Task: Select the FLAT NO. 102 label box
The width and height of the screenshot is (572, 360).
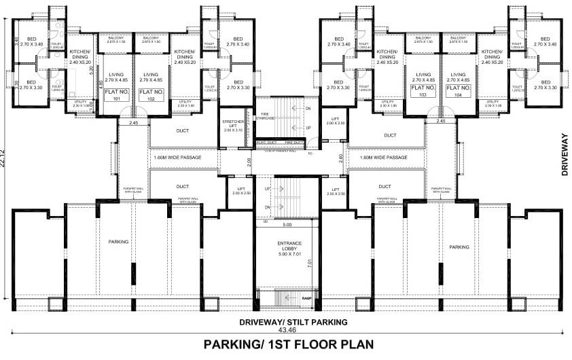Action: click(151, 94)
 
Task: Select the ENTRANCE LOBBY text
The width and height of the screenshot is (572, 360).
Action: click(289, 247)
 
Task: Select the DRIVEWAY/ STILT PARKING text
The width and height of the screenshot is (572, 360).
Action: click(292, 321)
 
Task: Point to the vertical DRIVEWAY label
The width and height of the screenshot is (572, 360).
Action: click(563, 156)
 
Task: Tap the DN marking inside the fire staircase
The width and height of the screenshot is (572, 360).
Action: click(308, 109)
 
